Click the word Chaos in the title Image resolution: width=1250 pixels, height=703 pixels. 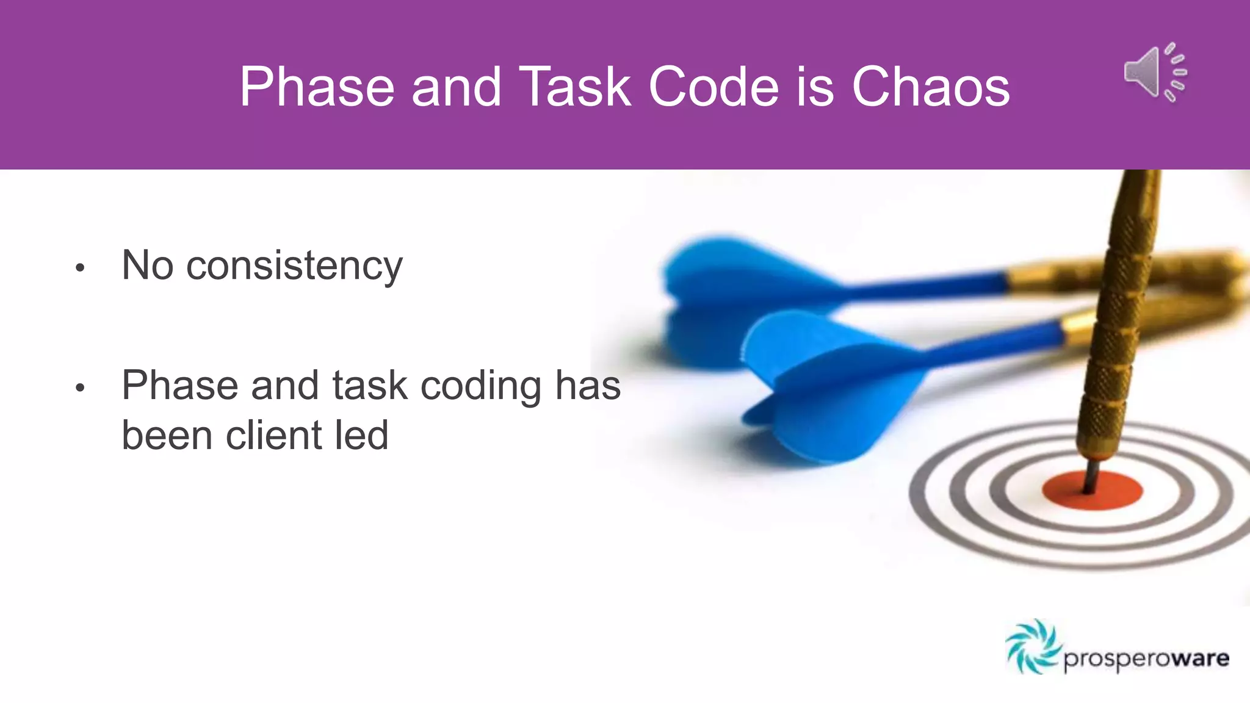click(930, 87)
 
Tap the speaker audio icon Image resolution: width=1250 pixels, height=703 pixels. click(1155, 73)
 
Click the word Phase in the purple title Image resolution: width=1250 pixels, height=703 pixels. click(316, 87)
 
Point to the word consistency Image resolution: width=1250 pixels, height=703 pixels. click(294, 266)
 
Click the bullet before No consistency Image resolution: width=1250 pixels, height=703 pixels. click(80, 267)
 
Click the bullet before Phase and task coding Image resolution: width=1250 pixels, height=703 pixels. click(80, 388)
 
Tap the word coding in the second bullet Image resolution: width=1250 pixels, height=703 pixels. click(481, 386)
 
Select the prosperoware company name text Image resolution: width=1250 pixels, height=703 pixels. click(1146, 659)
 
